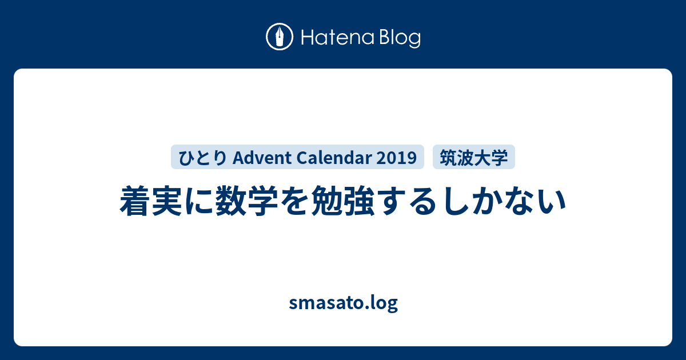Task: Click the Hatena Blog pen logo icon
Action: (280, 37)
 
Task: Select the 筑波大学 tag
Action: (474, 157)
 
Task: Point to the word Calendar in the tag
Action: (334, 158)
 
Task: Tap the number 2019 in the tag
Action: (397, 158)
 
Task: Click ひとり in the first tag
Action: (202, 158)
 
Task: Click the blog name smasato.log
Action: (344, 303)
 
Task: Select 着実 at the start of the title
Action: (151, 201)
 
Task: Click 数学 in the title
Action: (247, 201)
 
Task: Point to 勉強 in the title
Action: (342, 201)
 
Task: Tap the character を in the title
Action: (294, 201)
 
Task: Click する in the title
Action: (406, 201)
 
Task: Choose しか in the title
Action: (470, 201)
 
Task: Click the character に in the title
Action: (199, 201)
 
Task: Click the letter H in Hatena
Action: (308, 37)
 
